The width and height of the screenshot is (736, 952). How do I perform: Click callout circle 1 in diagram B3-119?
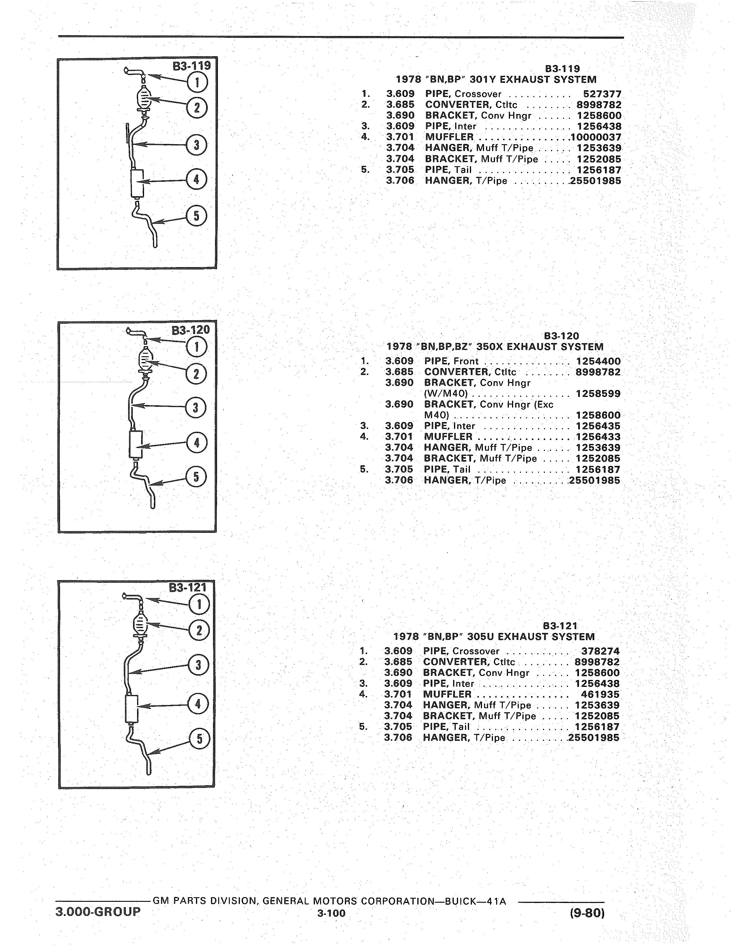(x=197, y=82)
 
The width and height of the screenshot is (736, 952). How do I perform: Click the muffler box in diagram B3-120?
(x=136, y=444)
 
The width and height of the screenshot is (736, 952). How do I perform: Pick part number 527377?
(x=602, y=94)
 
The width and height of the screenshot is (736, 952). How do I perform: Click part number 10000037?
(x=596, y=137)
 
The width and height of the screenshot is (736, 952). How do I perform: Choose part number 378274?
(x=600, y=651)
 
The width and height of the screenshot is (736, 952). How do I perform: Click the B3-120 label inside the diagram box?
(x=190, y=330)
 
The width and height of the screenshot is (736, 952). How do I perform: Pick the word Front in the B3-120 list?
(x=466, y=361)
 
